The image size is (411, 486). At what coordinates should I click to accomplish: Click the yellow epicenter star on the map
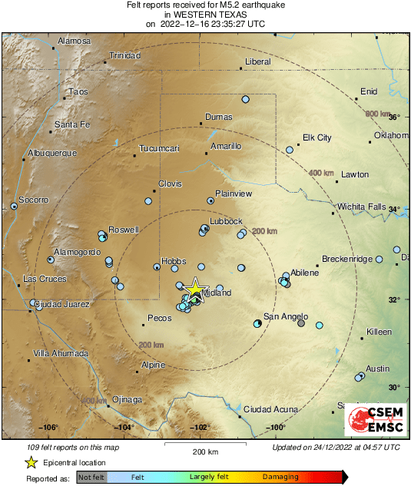tap(195, 288)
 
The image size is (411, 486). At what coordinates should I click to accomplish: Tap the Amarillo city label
tap(226, 146)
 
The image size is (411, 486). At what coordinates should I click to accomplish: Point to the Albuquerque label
tap(52, 153)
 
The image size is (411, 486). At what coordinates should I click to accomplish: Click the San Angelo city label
tap(286, 316)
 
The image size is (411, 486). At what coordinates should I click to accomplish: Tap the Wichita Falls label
tap(365, 207)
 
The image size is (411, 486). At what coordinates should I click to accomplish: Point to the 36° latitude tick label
tap(393, 117)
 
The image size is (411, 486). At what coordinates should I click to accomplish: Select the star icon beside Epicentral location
tap(31, 462)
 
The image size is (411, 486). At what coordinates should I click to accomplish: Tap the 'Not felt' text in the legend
tap(92, 477)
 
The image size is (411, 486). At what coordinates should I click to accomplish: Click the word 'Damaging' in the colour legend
tap(281, 477)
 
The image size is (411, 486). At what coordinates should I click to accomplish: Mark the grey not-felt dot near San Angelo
tap(301, 323)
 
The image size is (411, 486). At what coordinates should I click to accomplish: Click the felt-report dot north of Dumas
tap(246, 99)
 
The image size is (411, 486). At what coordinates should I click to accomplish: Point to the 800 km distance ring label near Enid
tap(378, 114)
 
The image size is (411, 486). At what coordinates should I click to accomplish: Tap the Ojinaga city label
tap(128, 399)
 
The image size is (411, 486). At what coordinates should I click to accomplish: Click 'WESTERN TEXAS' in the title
tap(205, 14)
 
